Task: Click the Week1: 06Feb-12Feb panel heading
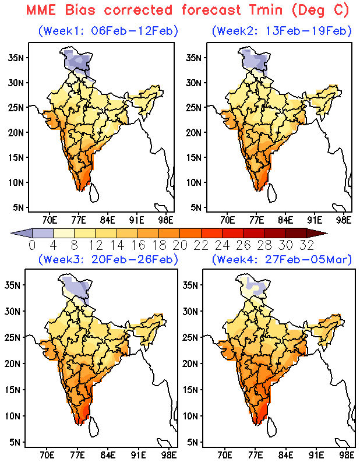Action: (x=108, y=30)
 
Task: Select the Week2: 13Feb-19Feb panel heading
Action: (x=282, y=30)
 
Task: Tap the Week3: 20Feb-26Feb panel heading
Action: (x=108, y=259)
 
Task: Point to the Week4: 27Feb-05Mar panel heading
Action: (x=282, y=259)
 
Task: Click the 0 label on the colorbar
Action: (x=32, y=244)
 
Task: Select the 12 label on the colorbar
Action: (x=100, y=244)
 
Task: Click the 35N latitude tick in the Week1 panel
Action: (x=16, y=57)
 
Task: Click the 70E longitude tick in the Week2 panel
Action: (x=227, y=220)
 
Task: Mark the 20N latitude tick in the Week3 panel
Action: (x=16, y=363)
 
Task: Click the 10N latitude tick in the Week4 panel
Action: (x=192, y=416)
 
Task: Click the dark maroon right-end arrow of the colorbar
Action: (x=321, y=233)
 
